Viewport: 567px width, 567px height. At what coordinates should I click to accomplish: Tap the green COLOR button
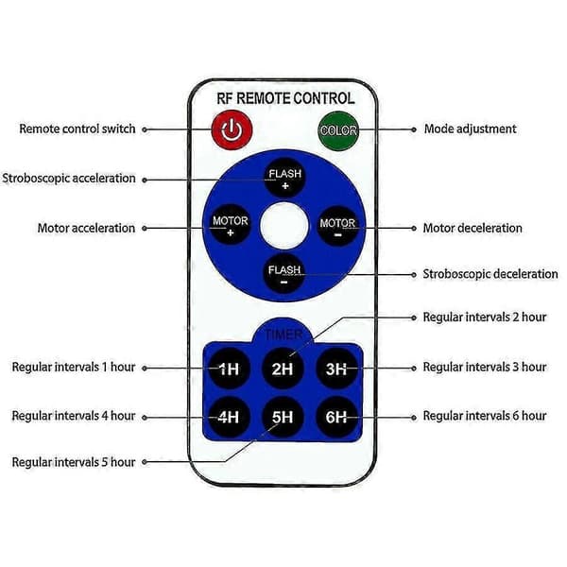338,130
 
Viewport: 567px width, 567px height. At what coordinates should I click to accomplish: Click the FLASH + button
284,178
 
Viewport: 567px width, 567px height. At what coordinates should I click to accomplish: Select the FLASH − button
283,274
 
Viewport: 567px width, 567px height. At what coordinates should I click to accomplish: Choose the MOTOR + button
230,226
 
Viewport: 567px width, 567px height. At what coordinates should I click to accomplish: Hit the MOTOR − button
337,227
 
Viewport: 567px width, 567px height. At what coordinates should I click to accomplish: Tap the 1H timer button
229,369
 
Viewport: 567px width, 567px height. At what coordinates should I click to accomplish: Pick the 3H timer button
336,369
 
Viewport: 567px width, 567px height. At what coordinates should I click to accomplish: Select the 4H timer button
229,417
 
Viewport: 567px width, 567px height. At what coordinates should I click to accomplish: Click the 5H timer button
283,417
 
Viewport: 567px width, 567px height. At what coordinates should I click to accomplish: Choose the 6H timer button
336,417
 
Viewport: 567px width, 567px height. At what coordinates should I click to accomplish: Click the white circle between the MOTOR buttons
284,226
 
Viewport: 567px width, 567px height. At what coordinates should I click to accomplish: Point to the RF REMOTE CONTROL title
285,98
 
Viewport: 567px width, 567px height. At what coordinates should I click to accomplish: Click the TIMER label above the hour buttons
283,335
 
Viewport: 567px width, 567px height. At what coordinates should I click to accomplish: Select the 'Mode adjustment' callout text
470,129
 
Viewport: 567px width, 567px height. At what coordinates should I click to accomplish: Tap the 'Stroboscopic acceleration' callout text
69,179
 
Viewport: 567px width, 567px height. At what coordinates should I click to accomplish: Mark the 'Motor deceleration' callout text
472,228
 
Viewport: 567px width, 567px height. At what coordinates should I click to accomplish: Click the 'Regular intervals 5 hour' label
74,462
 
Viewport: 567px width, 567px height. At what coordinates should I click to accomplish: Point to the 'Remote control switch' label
77,129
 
